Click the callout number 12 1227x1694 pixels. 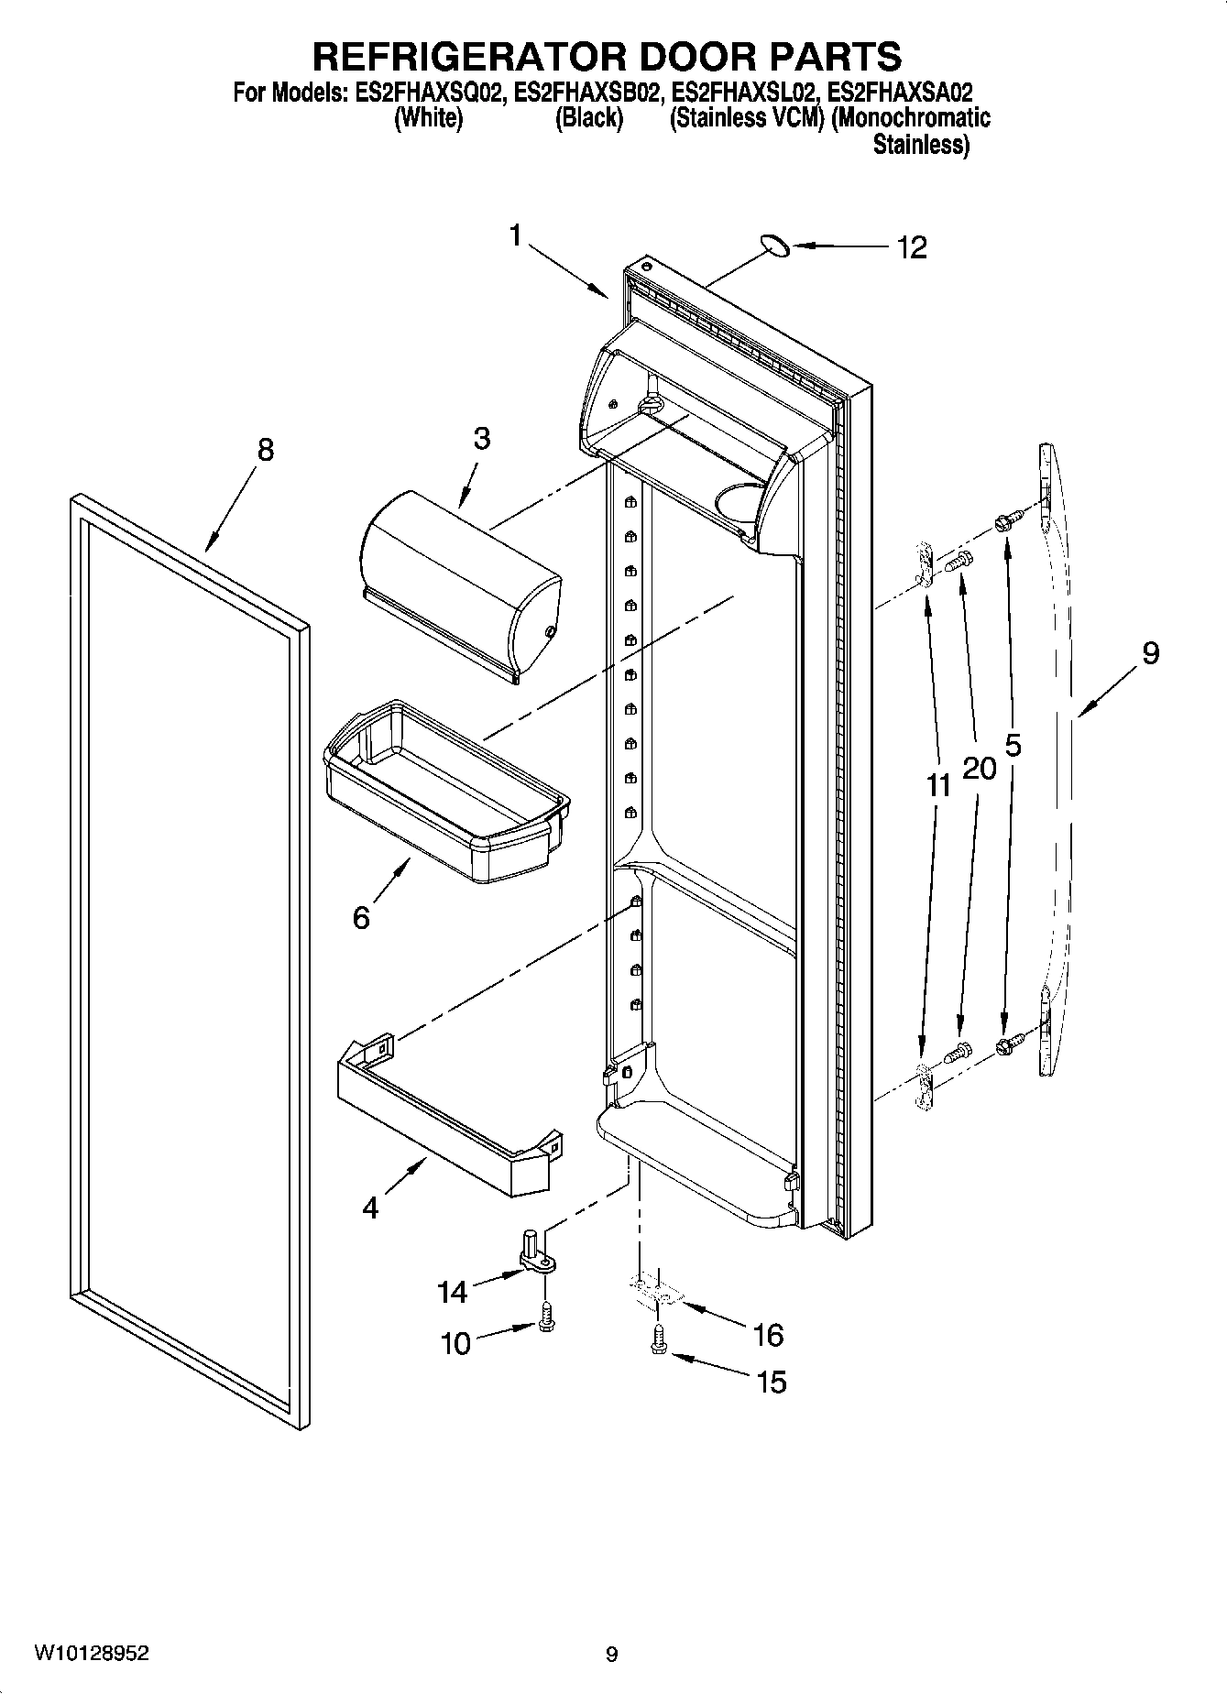[912, 247]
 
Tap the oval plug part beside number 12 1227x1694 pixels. [774, 245]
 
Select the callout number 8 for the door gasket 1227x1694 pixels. [264, 450]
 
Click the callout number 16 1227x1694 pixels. [767, 1335]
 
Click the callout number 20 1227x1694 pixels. [979, 768]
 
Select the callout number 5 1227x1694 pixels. [1013, 746]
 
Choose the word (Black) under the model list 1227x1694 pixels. [589, 119]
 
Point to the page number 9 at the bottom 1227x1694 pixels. [611, 1655]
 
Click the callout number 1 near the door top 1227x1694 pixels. [516, 236]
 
